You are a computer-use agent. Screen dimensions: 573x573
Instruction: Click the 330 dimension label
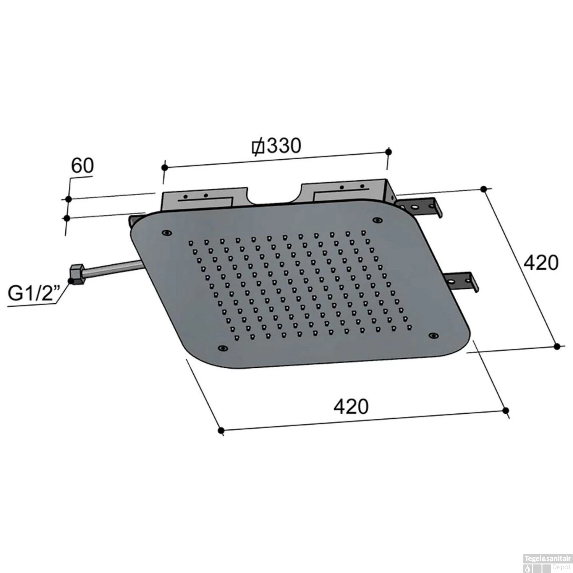coord(283,146)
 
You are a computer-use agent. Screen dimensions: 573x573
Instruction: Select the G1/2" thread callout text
coord(34,294)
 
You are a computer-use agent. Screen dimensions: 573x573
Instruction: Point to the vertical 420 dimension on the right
coord(541,263)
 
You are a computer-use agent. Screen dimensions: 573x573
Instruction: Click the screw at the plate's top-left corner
coord(166,233)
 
